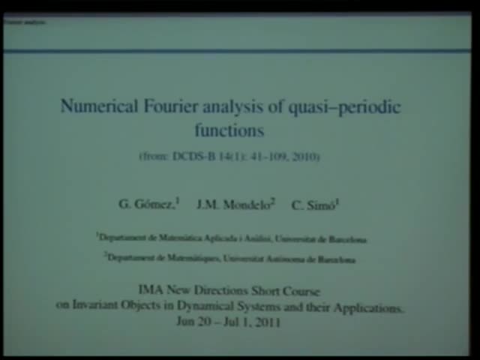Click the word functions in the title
point(229,130)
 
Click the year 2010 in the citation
point(305,157)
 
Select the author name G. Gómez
point(148,204)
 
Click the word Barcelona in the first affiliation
point(344,239)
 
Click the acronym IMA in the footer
point(150,291)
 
